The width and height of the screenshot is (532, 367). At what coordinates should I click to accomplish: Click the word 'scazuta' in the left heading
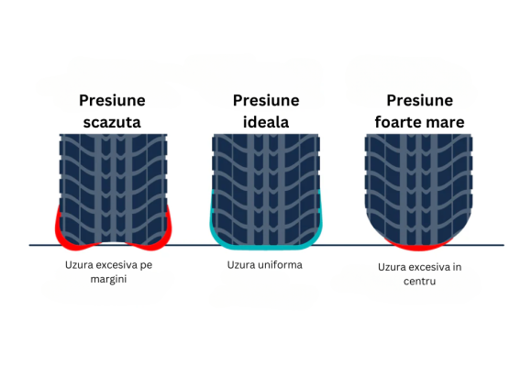coord(112,123)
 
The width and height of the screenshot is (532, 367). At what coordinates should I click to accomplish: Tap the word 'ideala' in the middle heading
coord(266,122)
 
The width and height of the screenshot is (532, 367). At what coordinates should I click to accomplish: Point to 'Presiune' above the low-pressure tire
coord(112,101)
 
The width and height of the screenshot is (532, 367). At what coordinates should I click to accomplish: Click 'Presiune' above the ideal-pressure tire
coord(266,101)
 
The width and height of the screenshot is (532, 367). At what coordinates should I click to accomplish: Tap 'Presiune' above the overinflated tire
coord(420,101)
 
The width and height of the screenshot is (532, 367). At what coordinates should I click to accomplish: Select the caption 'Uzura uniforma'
coord(265,265)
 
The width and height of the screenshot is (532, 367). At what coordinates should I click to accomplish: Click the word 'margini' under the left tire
coord(108,280)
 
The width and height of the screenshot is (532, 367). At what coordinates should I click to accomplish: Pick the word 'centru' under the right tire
coord(420,282)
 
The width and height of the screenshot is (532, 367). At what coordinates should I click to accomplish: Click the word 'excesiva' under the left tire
coord(116,265)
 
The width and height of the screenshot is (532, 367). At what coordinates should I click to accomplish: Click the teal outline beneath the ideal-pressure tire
coord(266,248)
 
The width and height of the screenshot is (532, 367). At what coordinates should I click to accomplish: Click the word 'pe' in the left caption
coord(146,265)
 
